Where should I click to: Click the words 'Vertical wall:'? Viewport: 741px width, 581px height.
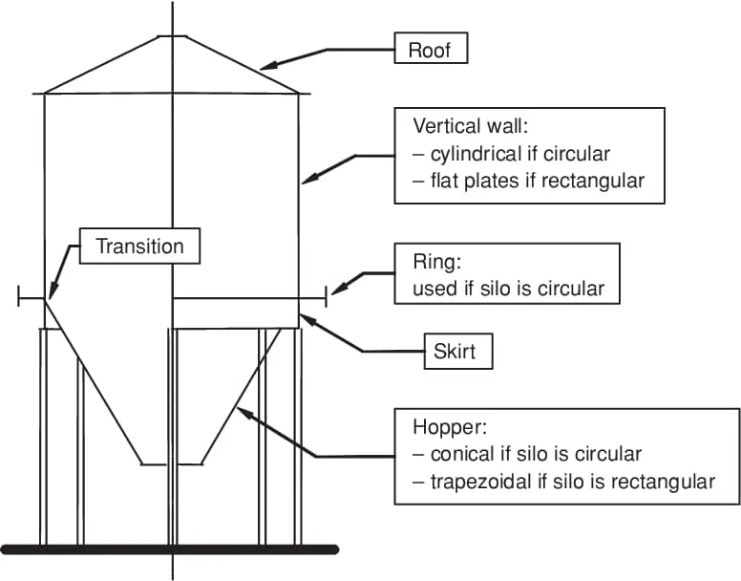pos(470,126)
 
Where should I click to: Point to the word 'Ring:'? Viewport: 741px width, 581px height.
pos(437,262)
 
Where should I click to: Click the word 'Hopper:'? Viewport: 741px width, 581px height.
pos(450,427)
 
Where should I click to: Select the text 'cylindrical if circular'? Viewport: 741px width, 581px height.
pos(520,154)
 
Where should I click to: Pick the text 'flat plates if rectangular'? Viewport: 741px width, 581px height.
pos(538,181)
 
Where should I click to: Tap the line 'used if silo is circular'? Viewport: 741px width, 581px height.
pos(509,289)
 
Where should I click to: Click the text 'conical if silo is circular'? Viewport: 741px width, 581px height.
pos(536,454)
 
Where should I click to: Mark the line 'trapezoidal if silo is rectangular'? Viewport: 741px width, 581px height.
pos(573,482)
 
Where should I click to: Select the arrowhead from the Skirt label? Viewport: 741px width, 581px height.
pos(306,319)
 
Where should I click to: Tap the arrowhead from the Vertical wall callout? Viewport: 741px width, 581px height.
pos(307,180)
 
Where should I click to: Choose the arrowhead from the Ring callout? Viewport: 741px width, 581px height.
pos(337,289)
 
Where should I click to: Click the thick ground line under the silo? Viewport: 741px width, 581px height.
pos(169,549)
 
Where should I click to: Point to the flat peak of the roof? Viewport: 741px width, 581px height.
pos(173,35)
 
